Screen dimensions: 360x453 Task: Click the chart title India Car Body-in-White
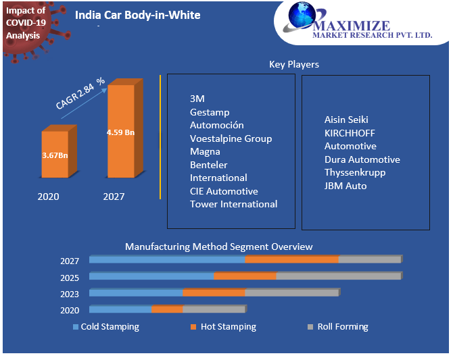[x=137, y=15]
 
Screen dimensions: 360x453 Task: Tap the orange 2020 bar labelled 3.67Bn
[x=55, y=155]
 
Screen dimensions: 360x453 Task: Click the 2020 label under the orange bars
[x=48, y=197]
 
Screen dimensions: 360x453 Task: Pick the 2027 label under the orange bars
[x=114, y=197]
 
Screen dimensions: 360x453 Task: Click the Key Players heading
[x=294, y=64]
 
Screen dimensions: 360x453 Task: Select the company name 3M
[x=197, y=99]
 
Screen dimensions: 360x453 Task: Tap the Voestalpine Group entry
[x=231, y=138]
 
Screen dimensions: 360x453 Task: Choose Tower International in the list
[x=233, y=204]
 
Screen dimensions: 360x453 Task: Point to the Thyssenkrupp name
[x=356, y=172]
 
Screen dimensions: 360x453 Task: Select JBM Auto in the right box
[x=345, y=185]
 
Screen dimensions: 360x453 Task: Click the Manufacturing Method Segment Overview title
[x=219, y=247]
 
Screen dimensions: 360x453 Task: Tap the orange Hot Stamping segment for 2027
[x=291, y=259]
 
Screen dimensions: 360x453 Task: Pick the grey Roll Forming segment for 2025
[x=338, y=276]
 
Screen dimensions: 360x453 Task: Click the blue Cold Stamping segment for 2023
[x=136, y=292]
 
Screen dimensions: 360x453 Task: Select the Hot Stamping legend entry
[x=228, y=327]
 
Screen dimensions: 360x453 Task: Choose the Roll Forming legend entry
[x=342, y=327]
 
